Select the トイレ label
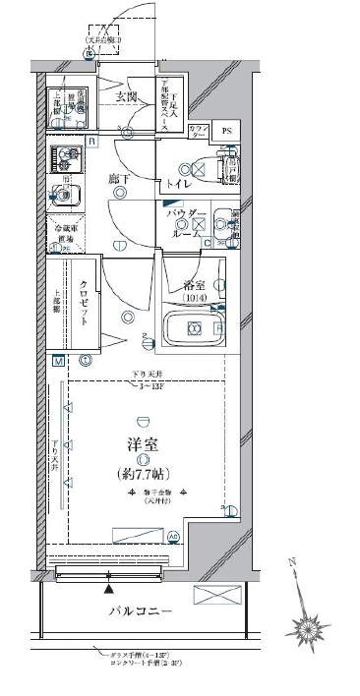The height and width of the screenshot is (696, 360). pos(178,184)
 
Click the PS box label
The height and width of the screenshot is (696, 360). pos(226,132)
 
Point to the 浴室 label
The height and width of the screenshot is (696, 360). pos(193,285)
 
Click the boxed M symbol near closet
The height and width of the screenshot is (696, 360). pos(58,362)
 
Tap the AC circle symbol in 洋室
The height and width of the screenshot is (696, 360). pos(174,537)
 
